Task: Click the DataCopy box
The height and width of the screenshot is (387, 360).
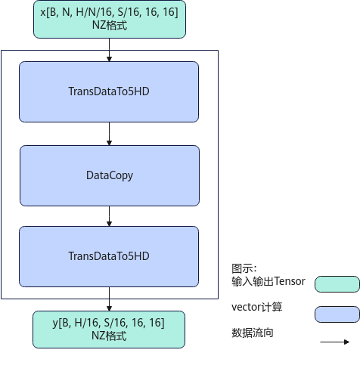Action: coord(110,175)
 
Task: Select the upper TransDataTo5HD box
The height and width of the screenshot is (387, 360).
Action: coord(109,91)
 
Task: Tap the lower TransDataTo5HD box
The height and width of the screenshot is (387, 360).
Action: coord(109,256)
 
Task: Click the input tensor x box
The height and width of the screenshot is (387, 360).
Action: coord(110,19)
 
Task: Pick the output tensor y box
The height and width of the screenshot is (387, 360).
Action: coord(109,330)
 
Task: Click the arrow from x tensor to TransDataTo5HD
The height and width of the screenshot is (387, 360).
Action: coord(109,50)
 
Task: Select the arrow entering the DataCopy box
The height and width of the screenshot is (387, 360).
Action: coord(109,134)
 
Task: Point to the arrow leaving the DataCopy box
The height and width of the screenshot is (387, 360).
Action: coord(109,216)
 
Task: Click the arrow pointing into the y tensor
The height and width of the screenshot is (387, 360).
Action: coord(109,299)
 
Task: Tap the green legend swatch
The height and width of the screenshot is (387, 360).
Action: coord(337,284)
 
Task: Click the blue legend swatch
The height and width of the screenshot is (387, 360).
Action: coord(337,314)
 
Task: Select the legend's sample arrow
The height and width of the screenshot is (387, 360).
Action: coord(335,342)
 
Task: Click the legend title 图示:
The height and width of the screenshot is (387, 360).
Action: coord(244,268)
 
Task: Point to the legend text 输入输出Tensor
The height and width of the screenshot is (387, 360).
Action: coord(268,281)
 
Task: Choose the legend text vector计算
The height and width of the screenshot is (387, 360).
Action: coord(257,307)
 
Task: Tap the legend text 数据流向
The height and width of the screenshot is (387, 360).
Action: coord(253,333)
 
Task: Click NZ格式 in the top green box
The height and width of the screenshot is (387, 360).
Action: coord(110,26)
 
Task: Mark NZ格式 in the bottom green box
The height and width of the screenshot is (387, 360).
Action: coord(109,336)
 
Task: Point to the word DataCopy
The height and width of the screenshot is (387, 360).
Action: coord(110,175)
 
